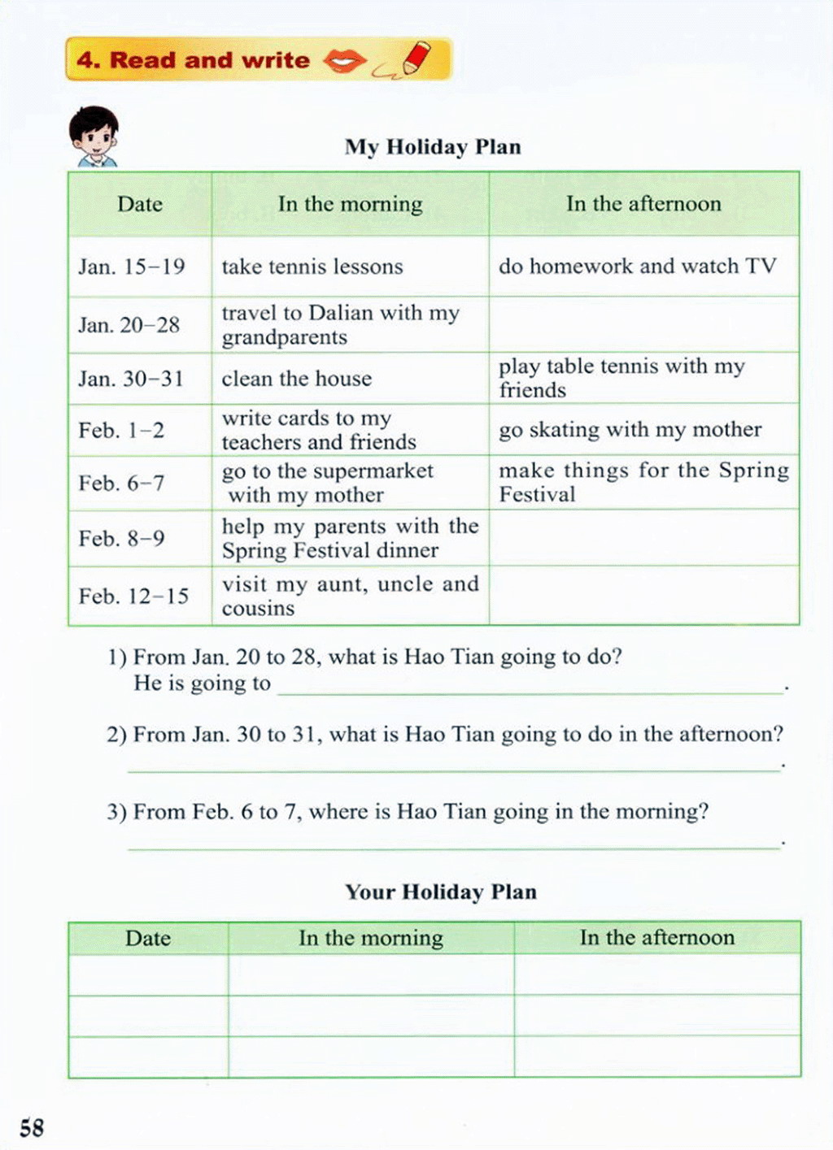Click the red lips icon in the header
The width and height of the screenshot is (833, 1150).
[345, 60]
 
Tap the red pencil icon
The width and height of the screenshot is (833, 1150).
[414, 59]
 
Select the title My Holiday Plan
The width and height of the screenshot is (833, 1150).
[433, 147]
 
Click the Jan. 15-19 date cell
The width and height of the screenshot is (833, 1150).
[132, 267]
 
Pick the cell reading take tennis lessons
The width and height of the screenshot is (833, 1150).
[312, 267]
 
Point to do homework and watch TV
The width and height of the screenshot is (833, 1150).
[638, 267]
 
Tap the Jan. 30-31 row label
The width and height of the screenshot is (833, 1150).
[131, 379]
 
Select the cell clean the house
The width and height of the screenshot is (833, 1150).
[296, 379]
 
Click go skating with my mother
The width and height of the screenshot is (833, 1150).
[630, 430]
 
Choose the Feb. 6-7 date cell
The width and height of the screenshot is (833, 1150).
[122, 484]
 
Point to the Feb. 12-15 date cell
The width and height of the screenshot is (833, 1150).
[133, 597]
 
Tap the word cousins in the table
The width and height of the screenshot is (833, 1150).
[258, 609]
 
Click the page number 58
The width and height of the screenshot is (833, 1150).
[32, 1127]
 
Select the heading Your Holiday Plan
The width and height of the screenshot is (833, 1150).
[441, 892]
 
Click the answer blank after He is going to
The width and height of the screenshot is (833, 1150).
[530, 684]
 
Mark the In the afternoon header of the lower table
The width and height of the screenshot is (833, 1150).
[657, 938]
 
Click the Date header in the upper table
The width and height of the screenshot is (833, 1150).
[140, 204]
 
